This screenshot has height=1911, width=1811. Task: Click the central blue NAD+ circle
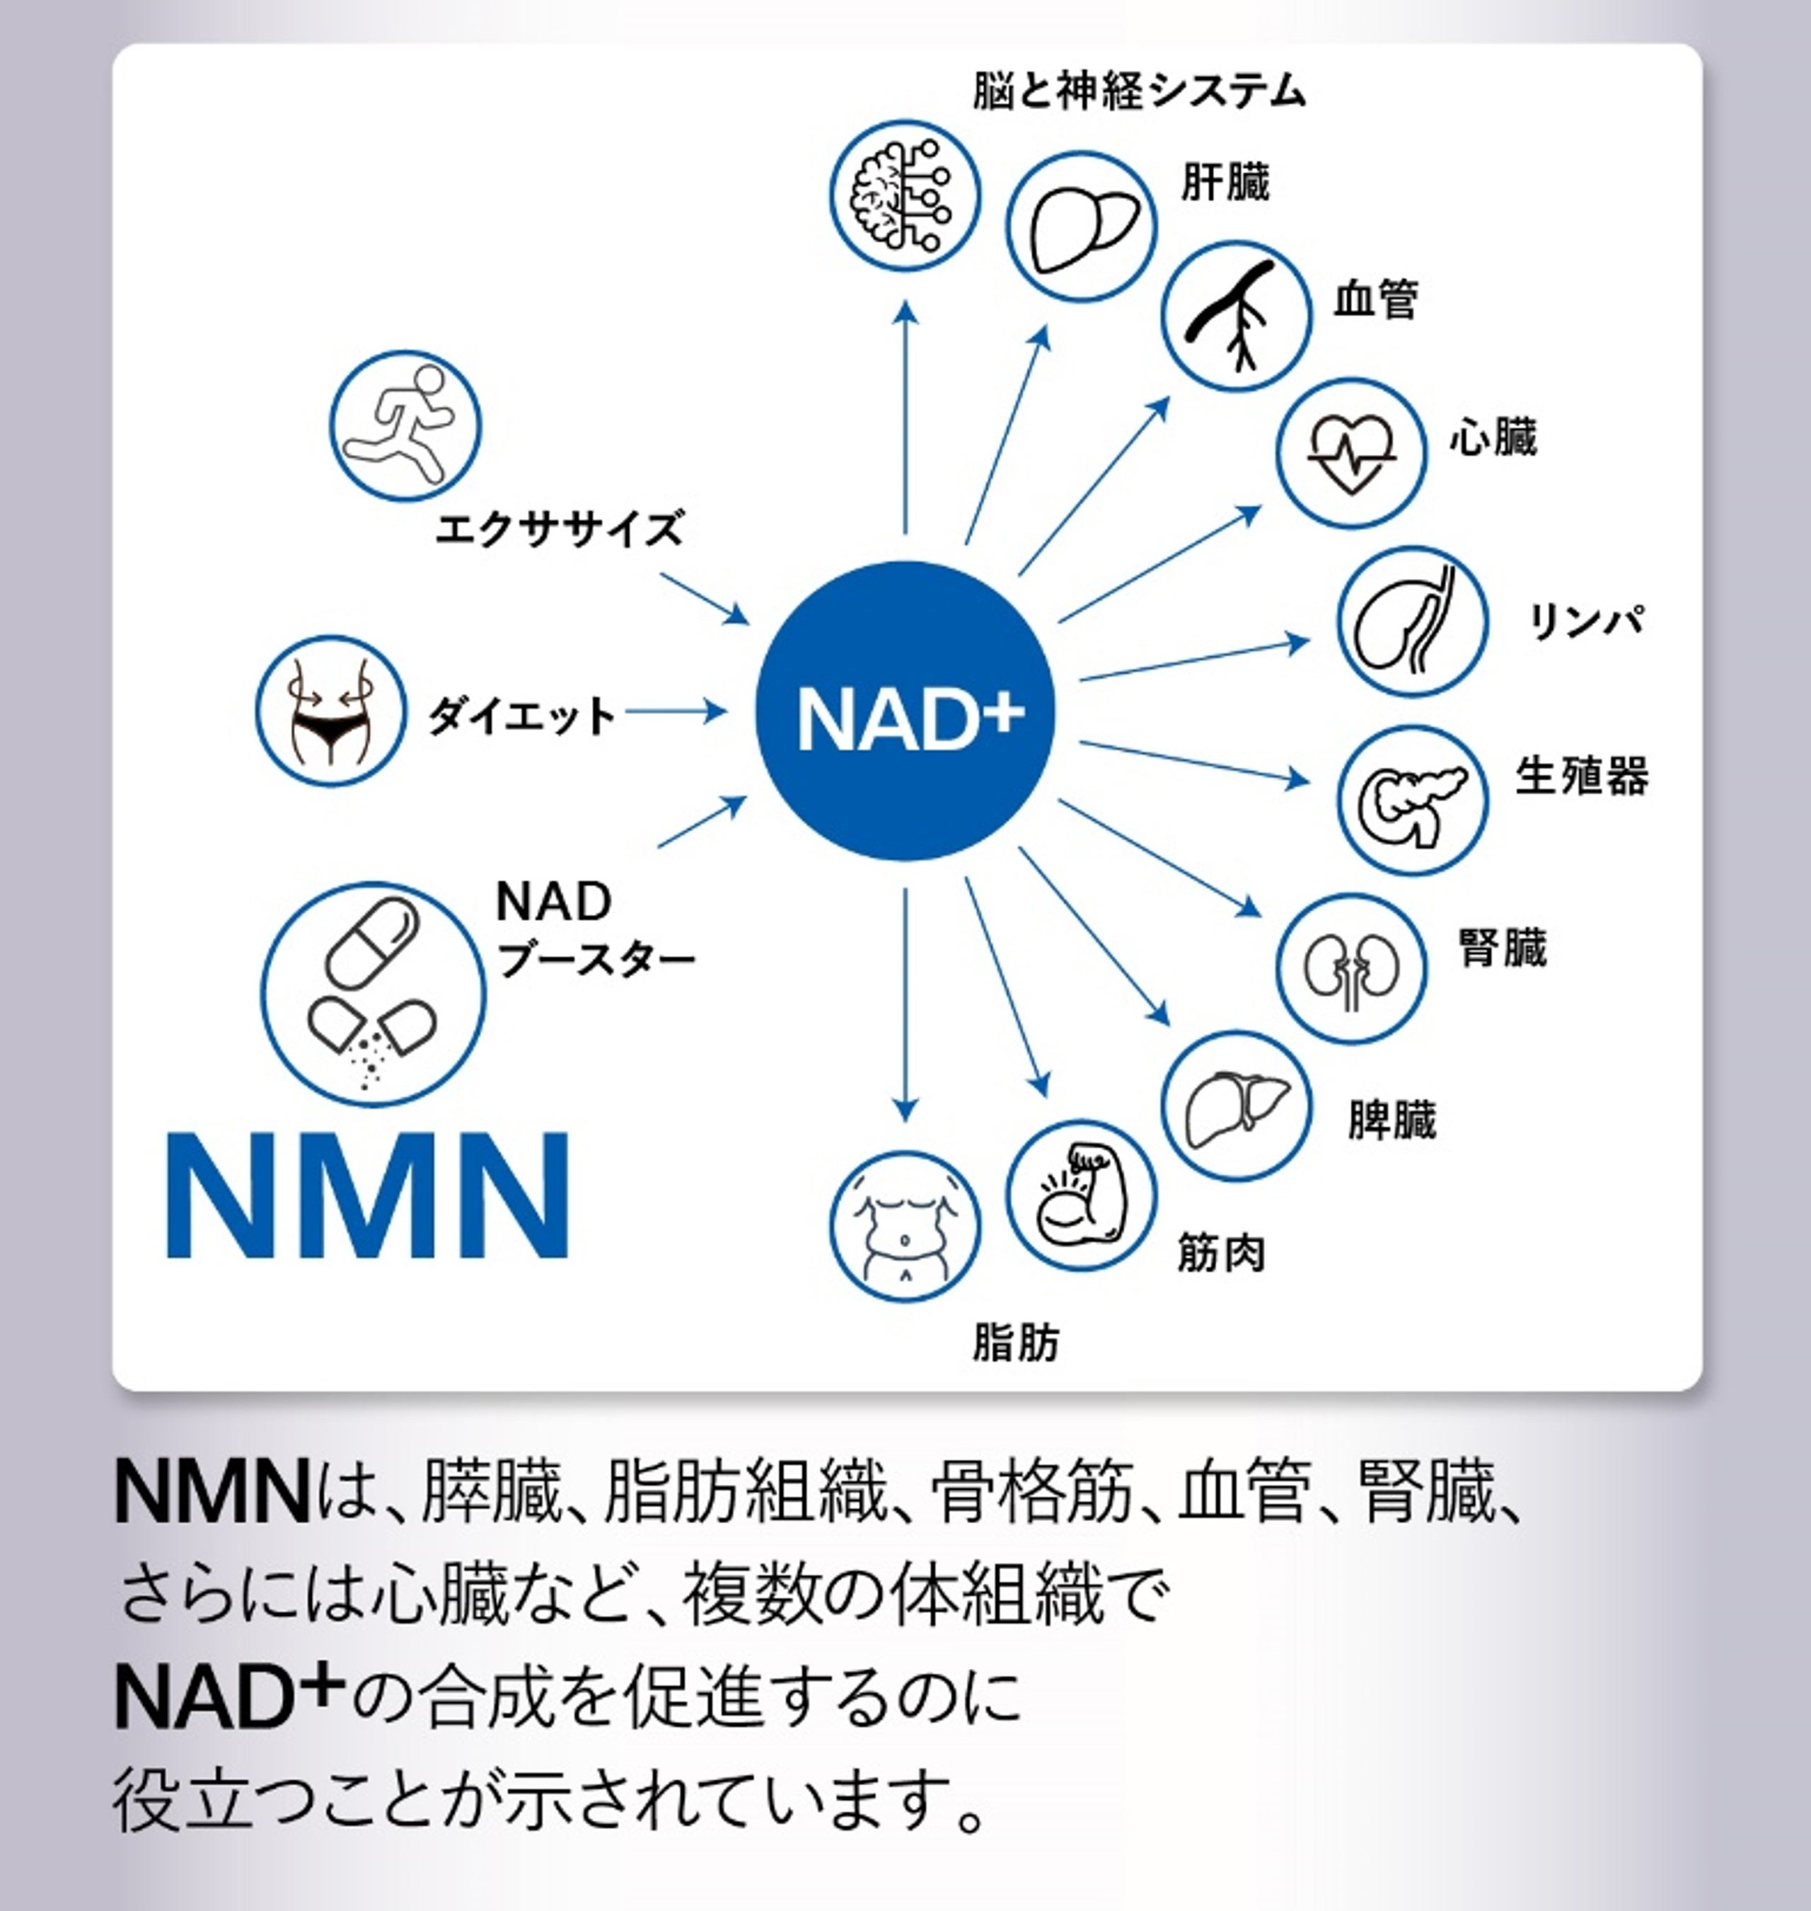(x=905, y=712)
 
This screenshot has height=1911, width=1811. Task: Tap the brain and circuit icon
(x=905, y=195)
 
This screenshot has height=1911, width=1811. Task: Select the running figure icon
(x=405, y=425)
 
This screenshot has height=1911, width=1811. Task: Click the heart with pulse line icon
(x=1350, y=452)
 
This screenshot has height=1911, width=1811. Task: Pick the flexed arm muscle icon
(x=1080, y=1195)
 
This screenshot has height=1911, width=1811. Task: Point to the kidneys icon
(x=1350, y=967)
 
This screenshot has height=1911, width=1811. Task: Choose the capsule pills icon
(x=374, y=993)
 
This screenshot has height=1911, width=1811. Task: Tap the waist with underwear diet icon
(x=331, y=710)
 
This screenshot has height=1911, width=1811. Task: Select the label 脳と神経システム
(x=1139, y=92)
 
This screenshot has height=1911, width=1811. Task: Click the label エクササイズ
(x=559, y=529)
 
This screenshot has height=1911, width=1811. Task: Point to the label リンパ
(x=1586, y=620)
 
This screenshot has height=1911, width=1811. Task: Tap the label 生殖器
(x=1581, y=776)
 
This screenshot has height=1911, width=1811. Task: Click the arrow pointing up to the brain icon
(x=905, y=415)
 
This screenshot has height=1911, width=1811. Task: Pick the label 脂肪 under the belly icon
(x=1016, y=1342)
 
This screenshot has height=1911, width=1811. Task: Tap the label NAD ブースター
(x=594, y=930)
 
